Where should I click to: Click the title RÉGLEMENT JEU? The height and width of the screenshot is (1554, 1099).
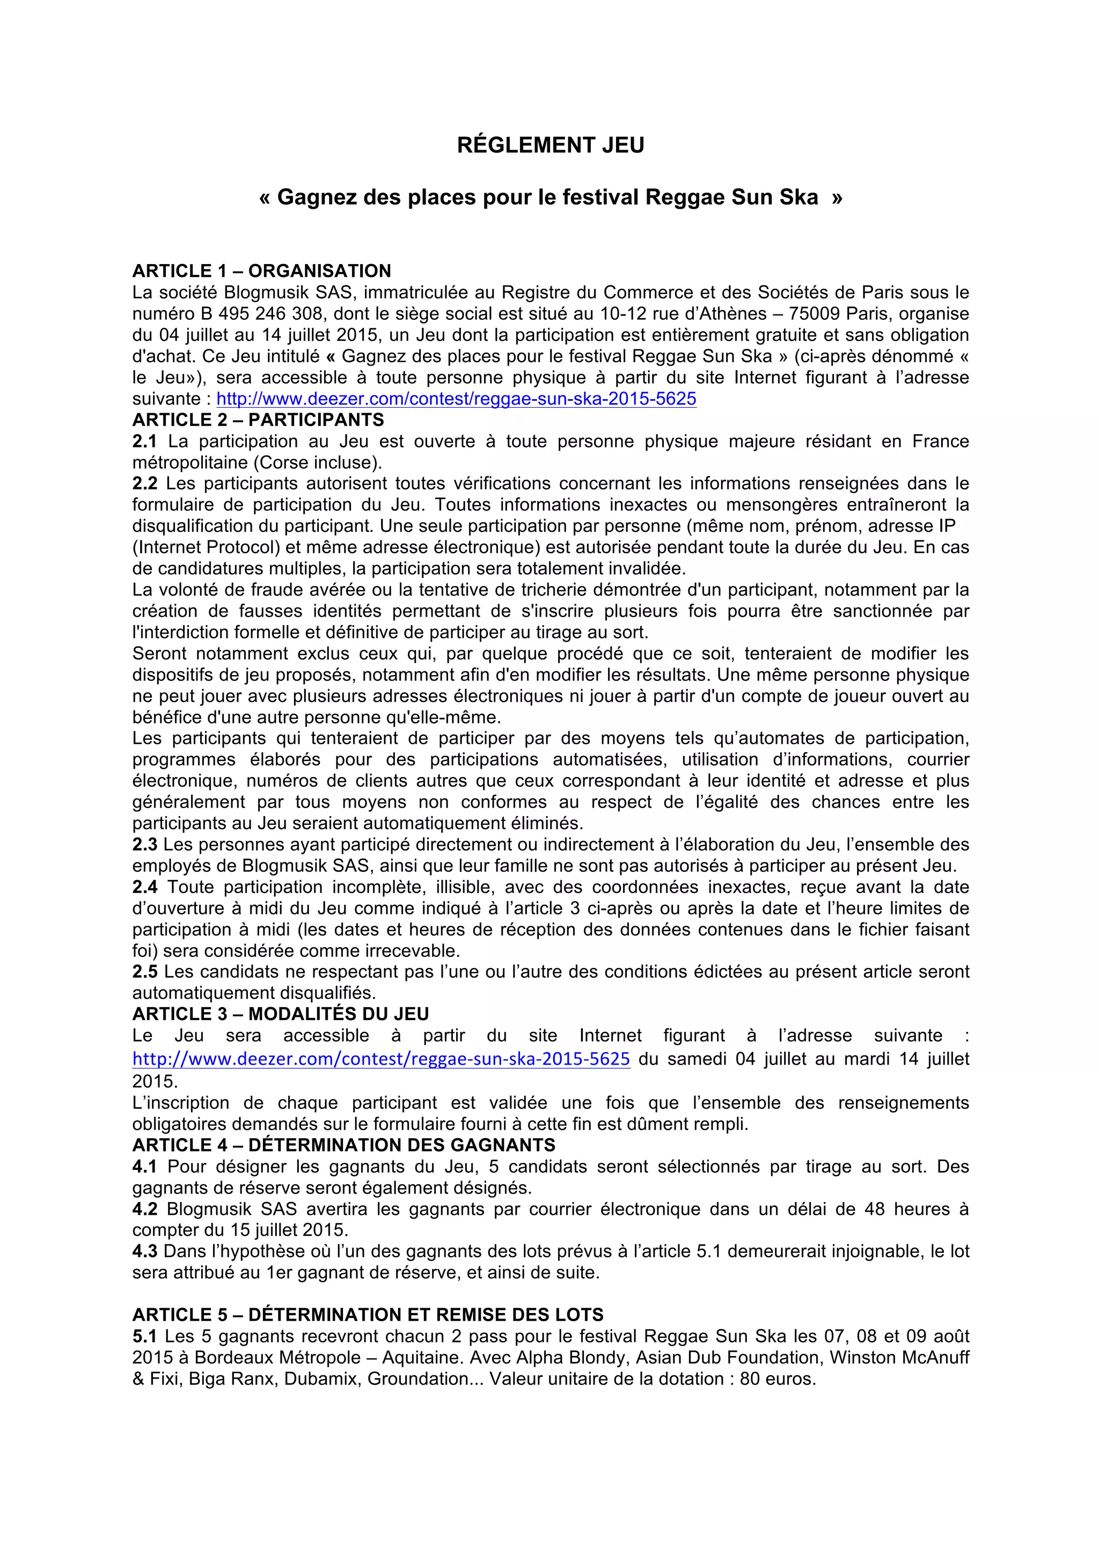coord(550,145)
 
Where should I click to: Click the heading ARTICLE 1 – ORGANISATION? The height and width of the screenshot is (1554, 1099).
coord(261,271)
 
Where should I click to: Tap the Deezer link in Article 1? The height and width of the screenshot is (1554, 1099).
coord(456,399)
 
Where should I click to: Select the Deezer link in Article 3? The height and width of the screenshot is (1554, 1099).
coord(381,1059)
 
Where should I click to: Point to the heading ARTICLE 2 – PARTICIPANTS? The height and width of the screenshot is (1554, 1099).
coord(258,420)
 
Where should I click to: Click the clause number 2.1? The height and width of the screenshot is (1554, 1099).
coord(144,441)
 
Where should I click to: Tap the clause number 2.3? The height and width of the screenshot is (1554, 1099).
coord(144,845)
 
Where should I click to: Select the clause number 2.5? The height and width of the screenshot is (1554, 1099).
coord(144,972)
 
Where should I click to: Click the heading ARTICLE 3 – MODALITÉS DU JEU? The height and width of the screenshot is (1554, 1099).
coord(280,1014)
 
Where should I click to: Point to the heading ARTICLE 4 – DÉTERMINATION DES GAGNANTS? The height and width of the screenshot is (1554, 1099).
coord(344,1145)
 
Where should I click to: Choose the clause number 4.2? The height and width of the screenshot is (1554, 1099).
coord(144,1209)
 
